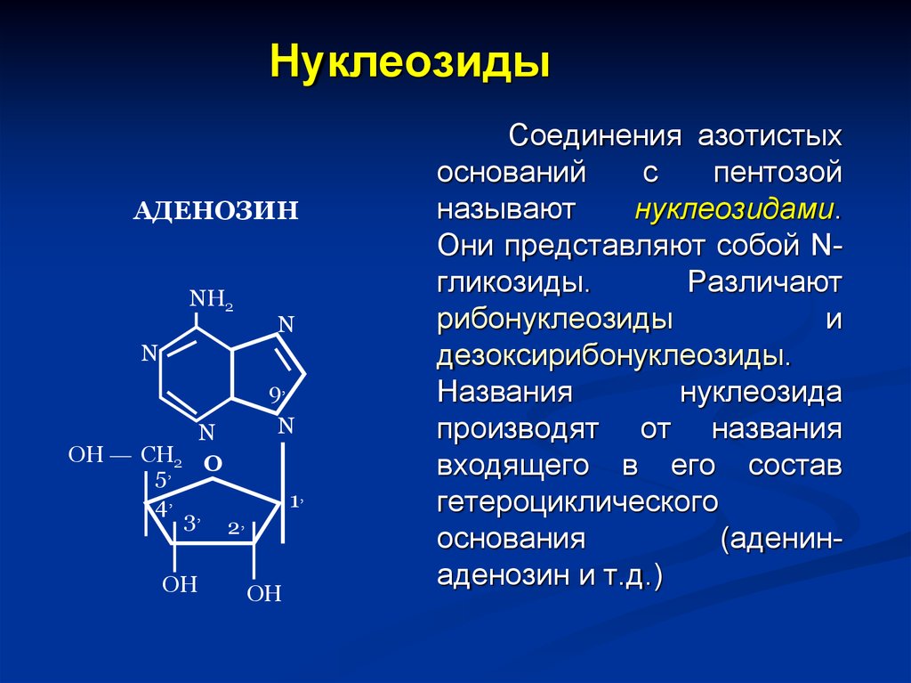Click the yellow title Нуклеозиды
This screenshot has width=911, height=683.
[409, 63]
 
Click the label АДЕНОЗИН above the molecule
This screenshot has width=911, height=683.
[215, 210]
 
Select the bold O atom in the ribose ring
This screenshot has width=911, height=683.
[214, 464]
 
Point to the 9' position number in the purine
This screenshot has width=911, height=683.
[278, 395]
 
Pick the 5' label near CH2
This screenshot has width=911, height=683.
[163, 481]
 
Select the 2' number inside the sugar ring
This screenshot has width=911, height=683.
[236, 528]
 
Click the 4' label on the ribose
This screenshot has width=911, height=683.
[164, 508]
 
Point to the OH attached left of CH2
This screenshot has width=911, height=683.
[86, 454]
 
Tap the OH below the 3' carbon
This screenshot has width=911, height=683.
[180, 584]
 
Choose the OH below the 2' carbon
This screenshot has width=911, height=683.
[264, 593]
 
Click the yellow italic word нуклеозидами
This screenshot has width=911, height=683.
[734, 209]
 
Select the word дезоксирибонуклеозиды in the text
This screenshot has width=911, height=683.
[614, 355]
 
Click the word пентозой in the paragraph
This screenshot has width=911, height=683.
[778, 172]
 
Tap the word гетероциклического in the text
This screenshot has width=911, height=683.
[577, 502]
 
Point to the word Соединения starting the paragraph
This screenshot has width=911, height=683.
[595, 136]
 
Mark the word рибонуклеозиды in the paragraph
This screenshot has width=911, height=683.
[555, 320]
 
